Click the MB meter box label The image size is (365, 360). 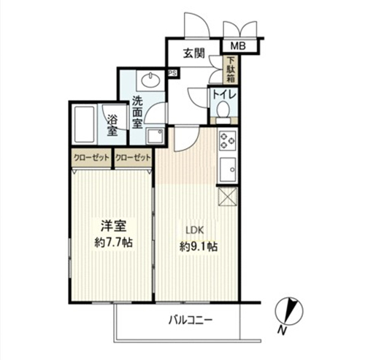[238, 46]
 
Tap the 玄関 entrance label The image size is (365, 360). [194, 53]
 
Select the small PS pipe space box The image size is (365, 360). [172, 73]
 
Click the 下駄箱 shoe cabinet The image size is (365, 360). [230, 69]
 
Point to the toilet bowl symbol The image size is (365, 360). [223, 110]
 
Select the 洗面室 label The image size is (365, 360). [137, 112]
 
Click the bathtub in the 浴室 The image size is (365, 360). [85, 124]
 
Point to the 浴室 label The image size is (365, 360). [112, 126]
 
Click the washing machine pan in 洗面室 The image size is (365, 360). [155, 137]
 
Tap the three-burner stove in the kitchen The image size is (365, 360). [228, 140]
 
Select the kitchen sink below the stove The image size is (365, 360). [228, 170]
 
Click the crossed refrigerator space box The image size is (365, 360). [228, 196]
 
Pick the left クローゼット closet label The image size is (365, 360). [91, 158]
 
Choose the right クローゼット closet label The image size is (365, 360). [133, 158]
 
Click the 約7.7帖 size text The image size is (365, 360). [113, 242]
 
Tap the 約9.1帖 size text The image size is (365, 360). [199, 247]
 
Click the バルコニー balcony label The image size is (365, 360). [191, 320]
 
